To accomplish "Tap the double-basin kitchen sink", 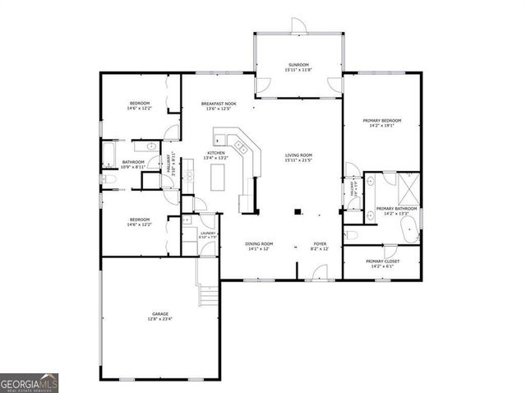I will point(242,147).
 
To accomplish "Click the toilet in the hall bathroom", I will point(107,178).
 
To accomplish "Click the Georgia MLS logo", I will point(30,383).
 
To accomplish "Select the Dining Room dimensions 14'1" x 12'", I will point(259,250).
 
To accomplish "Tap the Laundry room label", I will point(207,235).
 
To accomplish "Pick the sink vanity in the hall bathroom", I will point(139,144).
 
